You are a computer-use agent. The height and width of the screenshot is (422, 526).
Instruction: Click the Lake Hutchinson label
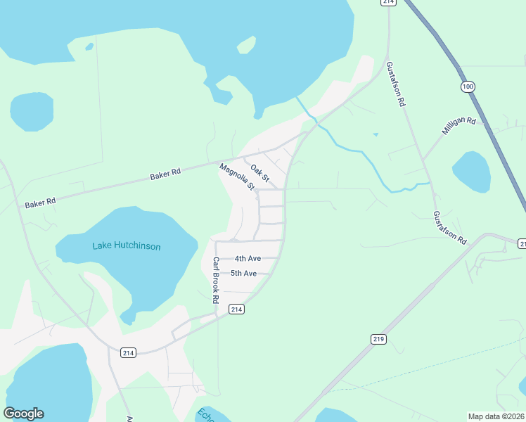[x=127, y=246]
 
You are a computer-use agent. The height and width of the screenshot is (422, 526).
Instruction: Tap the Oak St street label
[x=260, y=173]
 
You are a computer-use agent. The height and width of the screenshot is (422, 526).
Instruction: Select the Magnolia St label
[x=236, y=177]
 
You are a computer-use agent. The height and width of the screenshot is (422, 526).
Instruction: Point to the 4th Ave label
[x=248, y=258]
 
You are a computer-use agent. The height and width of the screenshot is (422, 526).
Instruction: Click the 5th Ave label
[x=243, y=273]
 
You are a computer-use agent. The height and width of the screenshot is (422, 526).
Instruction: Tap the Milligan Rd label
[x=458, y=127]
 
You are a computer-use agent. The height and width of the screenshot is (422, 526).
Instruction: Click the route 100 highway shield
[x=468, y=87]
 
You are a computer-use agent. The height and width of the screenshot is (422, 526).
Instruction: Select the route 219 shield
[x=378, y=339]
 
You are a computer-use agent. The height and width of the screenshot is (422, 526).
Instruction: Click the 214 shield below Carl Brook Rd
[x=236, y=309]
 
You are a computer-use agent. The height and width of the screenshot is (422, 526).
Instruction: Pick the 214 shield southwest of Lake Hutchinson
[x=127, y=352]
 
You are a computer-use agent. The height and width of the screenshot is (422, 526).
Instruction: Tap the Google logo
[x=23, y=414]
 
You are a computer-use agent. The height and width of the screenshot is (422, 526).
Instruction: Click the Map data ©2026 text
[x=495, y=416]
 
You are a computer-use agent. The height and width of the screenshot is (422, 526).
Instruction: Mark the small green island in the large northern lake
[x=246, y=45]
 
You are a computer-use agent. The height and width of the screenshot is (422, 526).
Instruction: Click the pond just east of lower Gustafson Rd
[x=471, y=172]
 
